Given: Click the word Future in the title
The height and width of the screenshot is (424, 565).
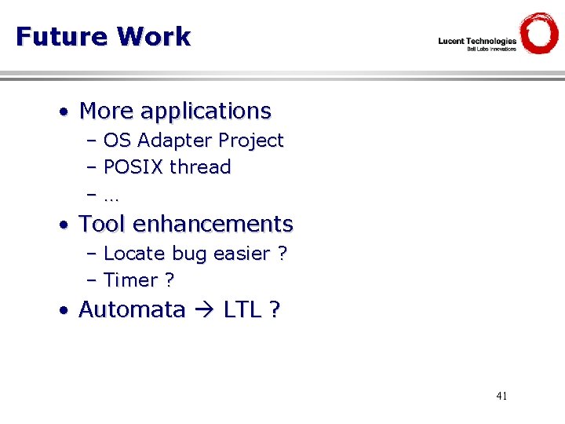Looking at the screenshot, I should tap(61, 36).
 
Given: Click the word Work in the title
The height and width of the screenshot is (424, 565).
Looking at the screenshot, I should tap(154, 36).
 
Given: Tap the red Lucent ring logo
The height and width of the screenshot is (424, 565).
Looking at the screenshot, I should tap(539, 33).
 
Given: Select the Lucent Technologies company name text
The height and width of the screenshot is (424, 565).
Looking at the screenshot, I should tap(477, 41).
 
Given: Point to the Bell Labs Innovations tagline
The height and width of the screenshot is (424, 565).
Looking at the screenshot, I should tap(491, 49).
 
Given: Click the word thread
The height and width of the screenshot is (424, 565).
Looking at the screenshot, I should tap(200, 166).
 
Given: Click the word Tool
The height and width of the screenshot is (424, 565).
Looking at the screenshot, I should tap(103, 224).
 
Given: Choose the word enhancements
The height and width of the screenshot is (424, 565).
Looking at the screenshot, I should tap(213, 224).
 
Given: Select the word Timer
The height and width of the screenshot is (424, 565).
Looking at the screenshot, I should tap(130, 280).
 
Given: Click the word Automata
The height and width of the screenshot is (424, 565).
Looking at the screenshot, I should tap(132, 309).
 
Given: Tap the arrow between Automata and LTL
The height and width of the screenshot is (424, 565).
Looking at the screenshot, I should tap(204, 310).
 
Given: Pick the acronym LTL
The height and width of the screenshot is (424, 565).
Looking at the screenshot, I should tap(242, 309).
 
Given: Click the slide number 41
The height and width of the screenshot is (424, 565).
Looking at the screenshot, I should tap(501, 396).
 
